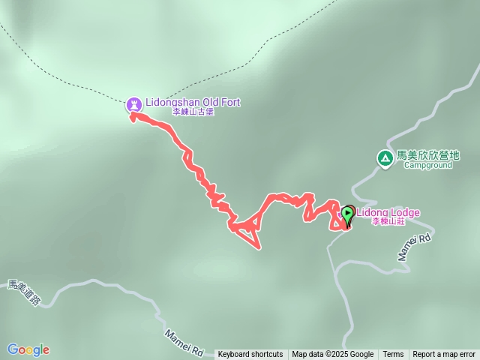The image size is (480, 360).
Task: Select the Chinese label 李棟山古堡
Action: [193, 112]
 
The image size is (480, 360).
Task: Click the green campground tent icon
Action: [385, 157]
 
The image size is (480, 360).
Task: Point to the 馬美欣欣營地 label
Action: [428, 155]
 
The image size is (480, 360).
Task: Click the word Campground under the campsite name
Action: [428, 165]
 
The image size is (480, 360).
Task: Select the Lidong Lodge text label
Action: [388, 212]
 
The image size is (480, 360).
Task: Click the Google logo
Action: [28, 349]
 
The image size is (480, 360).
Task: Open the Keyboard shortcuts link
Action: [250, 355]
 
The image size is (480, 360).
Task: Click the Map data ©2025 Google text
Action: [333, 355]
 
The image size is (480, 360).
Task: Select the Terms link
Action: [393, 355]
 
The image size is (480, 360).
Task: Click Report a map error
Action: [444, 355]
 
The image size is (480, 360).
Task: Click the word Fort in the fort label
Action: [230, 102]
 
